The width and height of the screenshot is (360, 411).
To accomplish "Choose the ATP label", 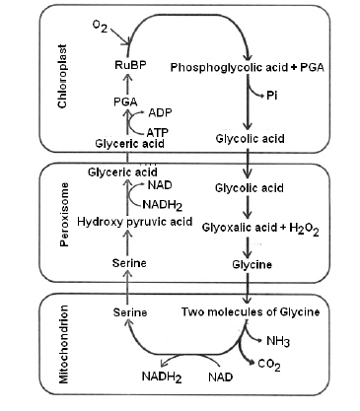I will pyautogui.click(x=157, y=130).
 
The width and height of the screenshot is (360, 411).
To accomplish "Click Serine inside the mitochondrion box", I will pyautogui.click(x=130, y=311).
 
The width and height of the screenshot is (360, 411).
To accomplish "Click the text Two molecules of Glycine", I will pyautogui.click(x=251, y=311).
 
